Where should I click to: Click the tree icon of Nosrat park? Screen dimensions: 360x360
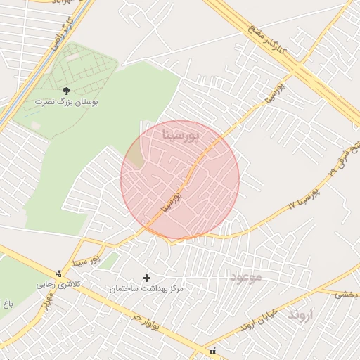pos(67,91)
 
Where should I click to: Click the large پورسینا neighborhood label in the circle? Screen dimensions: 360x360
pos(181,133)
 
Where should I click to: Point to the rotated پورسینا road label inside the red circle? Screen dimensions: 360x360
pos(172,199)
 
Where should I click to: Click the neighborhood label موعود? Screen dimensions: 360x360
pos(245,276)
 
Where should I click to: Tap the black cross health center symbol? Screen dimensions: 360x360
pos(146,278)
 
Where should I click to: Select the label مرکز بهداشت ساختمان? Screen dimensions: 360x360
pos(146,289)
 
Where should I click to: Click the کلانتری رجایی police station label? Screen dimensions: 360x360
pos(54,285)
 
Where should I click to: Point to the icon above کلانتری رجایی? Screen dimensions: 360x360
pos(59,274)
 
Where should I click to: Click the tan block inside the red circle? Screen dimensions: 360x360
pos(134,158)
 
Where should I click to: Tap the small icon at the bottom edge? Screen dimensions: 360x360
pos(212,351)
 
